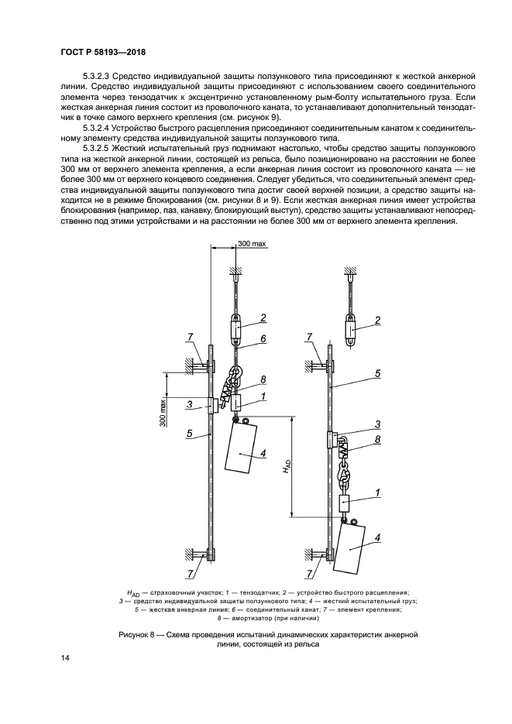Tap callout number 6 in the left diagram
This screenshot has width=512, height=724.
click(263, 338)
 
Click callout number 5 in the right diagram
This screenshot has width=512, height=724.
click(377, 373)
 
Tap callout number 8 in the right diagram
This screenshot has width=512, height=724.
click(377, 439)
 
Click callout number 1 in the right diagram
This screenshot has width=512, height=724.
click(377, 492)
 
